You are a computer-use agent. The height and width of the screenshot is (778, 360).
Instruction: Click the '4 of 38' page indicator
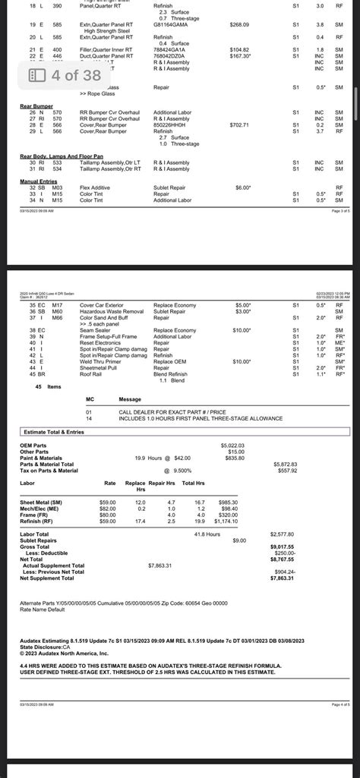tap(65, 75)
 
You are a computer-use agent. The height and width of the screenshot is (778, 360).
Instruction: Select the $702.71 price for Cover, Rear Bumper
tap(239, 124)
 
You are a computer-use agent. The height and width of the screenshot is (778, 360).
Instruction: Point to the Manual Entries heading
tap(39, 181)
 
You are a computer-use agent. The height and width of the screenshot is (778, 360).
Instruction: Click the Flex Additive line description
tap(96, 187)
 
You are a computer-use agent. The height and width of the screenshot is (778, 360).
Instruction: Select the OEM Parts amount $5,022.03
tap(234, 445)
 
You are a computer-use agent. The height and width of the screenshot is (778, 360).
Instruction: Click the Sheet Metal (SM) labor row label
tap(41, 502)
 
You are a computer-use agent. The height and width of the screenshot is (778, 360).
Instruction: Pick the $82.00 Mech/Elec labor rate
tap(109, 509)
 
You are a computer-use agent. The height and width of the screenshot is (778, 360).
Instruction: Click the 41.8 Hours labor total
tap(206, 534)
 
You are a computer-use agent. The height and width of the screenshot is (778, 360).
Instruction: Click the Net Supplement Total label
tap(50, 578)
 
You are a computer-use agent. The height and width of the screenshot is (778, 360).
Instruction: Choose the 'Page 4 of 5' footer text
tap(340, 705)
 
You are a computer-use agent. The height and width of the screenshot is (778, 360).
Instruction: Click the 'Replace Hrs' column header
tap(135, 486)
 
